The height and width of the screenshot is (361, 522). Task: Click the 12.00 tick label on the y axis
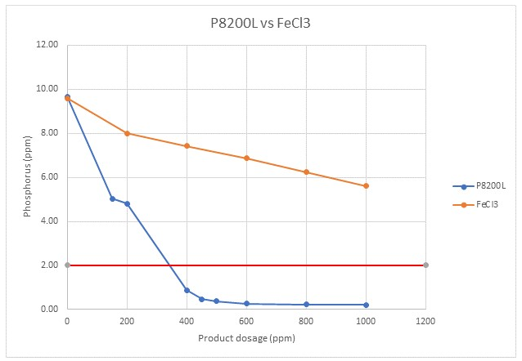click(x=48, y=45)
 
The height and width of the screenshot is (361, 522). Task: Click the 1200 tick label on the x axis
click(x=425, y=322)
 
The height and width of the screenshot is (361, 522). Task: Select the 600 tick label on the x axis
click(x=246, y=322)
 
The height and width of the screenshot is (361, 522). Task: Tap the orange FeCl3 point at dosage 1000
click(x=366, y=185)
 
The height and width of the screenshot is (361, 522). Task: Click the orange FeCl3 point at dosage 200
click(x=127, y=133)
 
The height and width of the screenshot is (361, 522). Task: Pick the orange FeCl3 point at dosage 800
click(x=306, y=172)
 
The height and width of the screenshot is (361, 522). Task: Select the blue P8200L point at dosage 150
click(x=112, y=198)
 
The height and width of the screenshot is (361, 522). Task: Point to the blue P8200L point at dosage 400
click(x=187, y=290)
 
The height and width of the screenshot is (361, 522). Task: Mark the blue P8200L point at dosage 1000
click(x=366, y=305)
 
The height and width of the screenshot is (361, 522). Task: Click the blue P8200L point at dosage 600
click(x=246, y=304)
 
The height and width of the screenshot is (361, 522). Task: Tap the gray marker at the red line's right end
click(x=425, y=265)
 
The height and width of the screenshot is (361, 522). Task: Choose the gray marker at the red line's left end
click(x=67, y=265)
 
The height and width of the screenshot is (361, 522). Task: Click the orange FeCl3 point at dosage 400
click(x=187, y=146)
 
